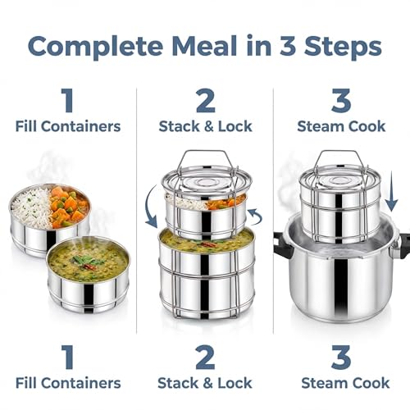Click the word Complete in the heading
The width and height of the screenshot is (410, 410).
95,47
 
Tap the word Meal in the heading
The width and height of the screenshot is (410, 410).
204,46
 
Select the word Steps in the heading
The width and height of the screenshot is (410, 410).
343,47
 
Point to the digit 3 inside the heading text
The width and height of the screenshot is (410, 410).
288,46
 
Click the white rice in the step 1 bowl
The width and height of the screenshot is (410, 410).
31,207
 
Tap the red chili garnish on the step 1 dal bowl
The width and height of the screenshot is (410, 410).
89,266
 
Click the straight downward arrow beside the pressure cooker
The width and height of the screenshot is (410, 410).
391,191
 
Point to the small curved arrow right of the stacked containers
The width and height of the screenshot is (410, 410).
257,216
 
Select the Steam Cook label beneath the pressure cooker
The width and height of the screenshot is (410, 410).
345,383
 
